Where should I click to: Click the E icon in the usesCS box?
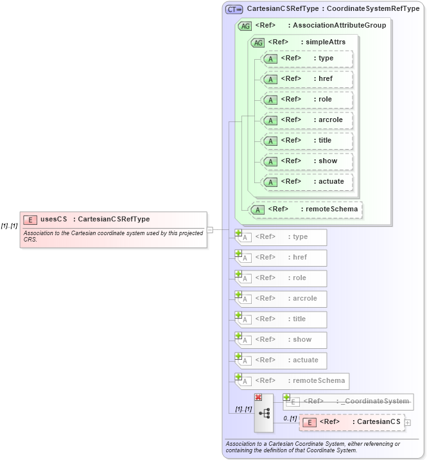30,220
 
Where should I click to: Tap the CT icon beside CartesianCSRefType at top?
234,9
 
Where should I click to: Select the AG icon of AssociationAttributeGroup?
245,26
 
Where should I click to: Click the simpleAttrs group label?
306,42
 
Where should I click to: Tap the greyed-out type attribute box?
282,237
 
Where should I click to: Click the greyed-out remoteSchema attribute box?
293,381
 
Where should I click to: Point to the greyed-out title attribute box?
282,319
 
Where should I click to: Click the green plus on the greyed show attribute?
238,335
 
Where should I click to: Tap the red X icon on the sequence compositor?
258,397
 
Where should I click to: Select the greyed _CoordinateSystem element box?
349,402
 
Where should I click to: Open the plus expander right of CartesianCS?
407,423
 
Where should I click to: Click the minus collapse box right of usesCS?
209,229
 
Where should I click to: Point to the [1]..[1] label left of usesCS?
9,226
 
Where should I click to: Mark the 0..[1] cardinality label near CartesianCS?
290,418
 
